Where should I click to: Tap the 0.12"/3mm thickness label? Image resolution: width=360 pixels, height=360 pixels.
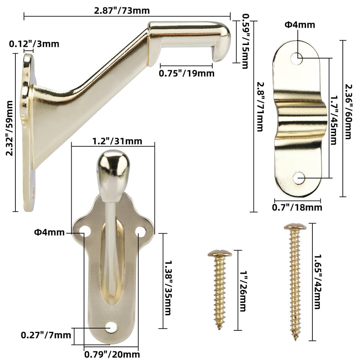tap(34, 43)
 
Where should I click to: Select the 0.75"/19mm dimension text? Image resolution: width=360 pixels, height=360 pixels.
tap(187, 73)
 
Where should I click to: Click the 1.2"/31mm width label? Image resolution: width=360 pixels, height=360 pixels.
tap(112, 141)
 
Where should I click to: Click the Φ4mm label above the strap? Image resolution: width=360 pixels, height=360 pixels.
tap(300, 25)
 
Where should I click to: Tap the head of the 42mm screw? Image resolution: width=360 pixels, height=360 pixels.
tap(295, 227)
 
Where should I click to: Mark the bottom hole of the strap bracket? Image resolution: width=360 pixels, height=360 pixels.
tap(298, 178)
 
